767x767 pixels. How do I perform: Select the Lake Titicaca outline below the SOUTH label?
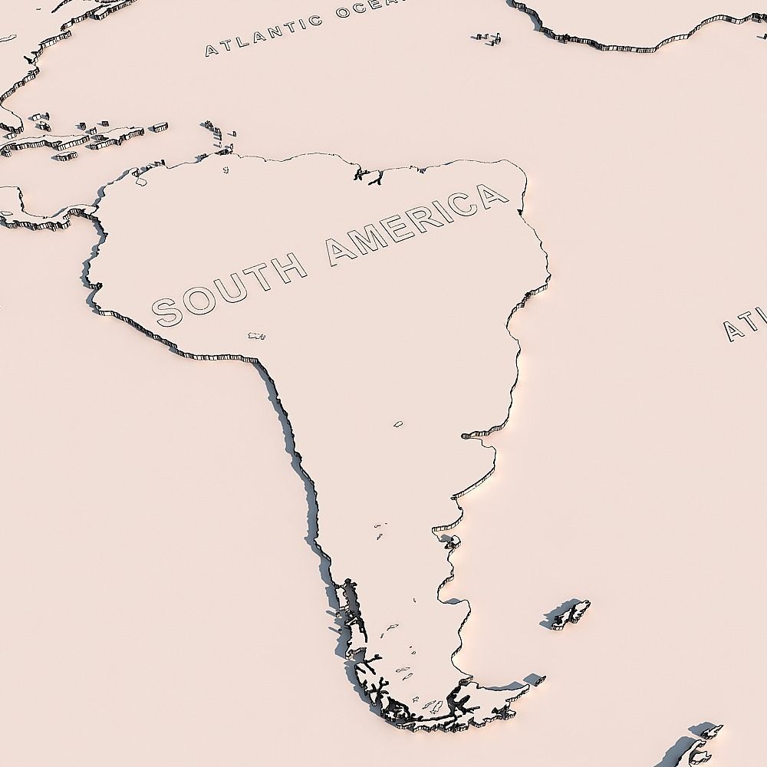pos(256,336)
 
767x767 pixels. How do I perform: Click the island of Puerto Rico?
pos(158,126)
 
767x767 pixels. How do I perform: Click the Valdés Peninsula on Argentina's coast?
pos(450,542)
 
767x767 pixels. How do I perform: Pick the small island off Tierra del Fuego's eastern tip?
pos(534,680)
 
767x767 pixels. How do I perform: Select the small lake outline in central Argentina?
pos(398,423)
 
